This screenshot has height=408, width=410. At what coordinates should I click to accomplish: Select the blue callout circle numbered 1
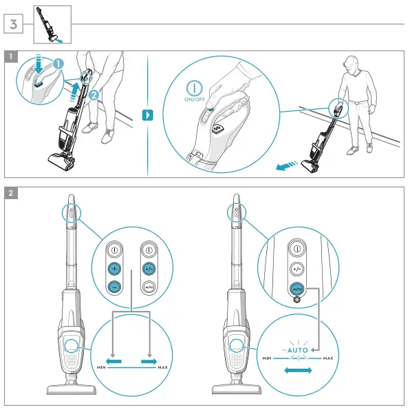58,63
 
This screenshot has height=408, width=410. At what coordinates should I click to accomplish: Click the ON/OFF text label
195,99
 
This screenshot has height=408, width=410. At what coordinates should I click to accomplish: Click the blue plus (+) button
114,269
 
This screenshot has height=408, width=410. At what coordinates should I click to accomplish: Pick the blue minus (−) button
114,287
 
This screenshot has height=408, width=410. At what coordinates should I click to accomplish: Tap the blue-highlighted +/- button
149,269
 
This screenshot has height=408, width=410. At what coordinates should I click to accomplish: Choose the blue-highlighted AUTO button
296,289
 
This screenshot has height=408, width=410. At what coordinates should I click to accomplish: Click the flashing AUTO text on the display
298,350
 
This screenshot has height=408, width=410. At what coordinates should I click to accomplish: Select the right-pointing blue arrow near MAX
148,360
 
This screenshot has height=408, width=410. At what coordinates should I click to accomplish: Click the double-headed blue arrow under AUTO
298,371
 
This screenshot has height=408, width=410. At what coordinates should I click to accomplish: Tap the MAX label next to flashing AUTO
328,358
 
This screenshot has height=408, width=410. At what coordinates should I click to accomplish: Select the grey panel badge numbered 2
12,193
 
